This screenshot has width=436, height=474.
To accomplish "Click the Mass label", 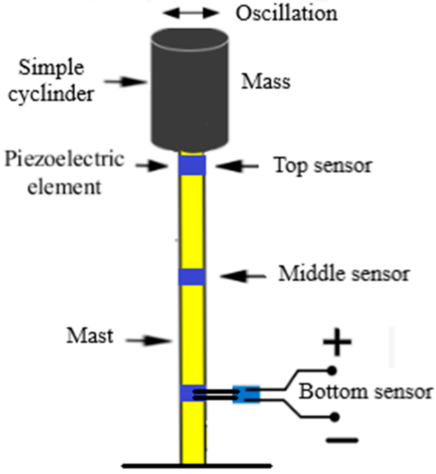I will (x=266, y=82).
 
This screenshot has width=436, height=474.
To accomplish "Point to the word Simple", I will (x=52, y=68).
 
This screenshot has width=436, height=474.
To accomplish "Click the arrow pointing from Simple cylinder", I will (x=125, y=82).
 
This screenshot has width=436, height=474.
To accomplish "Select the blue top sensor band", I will (x=192, y=165).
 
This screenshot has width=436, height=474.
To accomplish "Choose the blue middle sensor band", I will (x=192, y=277).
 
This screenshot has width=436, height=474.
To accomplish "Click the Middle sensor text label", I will (x=344, y=274).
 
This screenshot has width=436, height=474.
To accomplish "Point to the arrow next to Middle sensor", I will (x=243, y=276).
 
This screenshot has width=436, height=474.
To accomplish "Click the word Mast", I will (x=90, y=335).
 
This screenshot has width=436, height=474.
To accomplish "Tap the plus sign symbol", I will (x=337, y=342).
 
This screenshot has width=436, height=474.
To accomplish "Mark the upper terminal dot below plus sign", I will (x=332, y=371).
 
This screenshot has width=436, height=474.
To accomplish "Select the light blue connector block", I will (x=246, y=394).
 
